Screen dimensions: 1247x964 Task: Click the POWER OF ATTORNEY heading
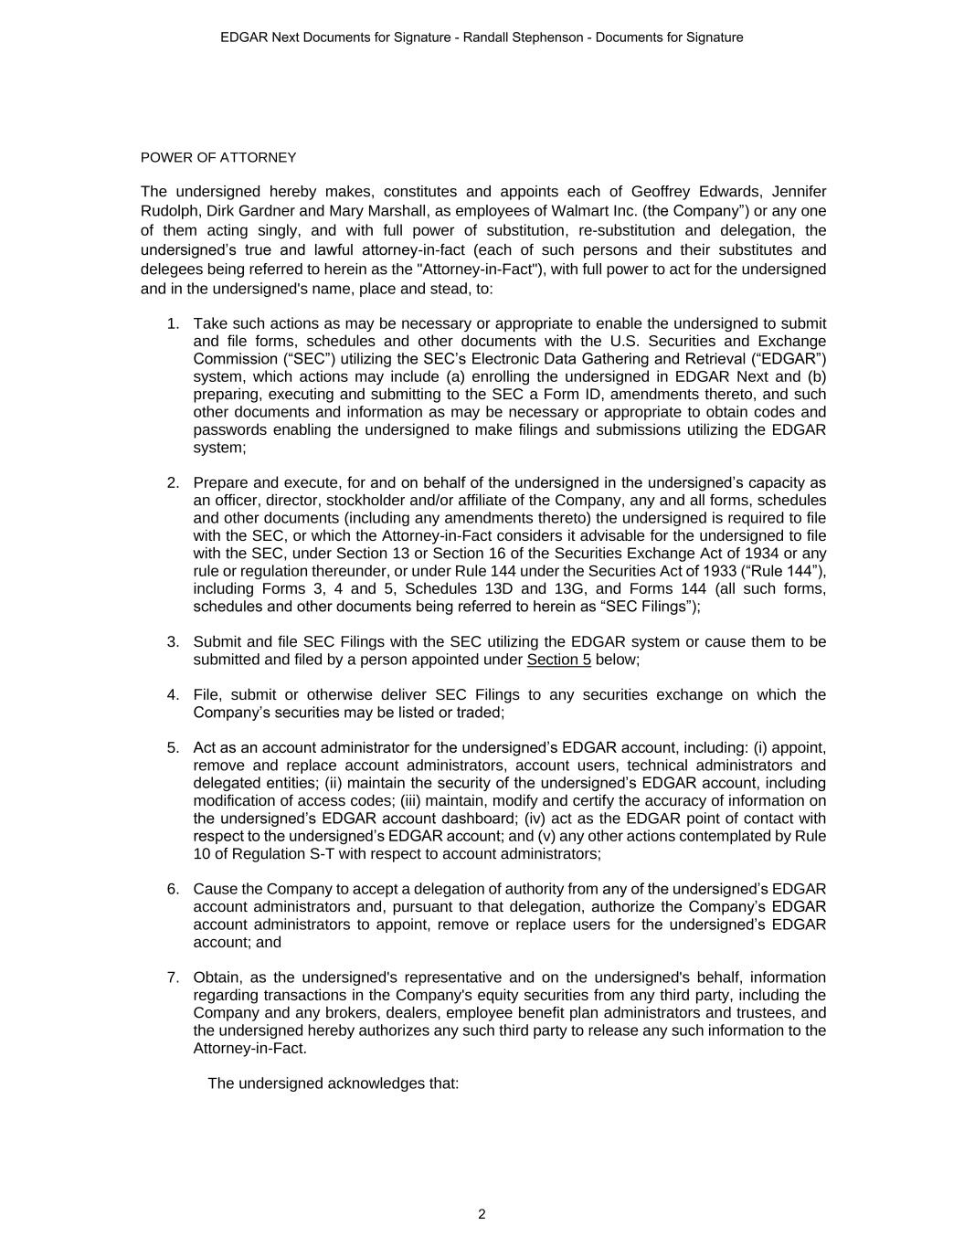[218, 158]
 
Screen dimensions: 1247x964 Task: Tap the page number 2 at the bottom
[482, 1214]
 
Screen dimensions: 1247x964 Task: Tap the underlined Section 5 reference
[558, 660]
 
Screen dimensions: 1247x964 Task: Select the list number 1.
[173, 324]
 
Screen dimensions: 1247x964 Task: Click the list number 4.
[173, 695]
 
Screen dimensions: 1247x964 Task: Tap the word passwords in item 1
[229, 430]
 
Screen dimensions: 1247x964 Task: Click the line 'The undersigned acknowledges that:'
[333, 1084]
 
